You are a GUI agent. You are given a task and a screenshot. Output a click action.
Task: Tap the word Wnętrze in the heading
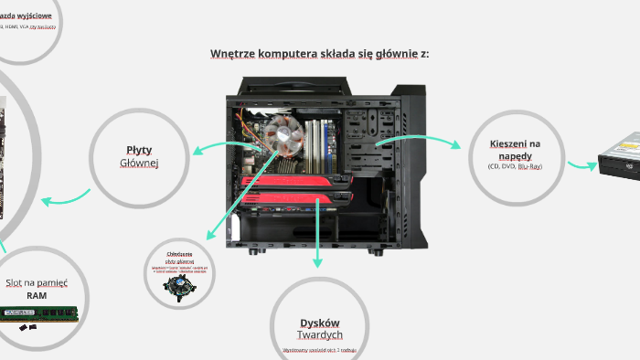pos(230,54)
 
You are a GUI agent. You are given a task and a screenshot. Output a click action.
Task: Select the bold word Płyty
pos(139,150)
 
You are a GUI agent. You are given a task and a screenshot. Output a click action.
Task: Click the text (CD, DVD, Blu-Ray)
pos(515,166)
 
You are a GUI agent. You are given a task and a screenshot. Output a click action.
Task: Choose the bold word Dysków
pos(319,323)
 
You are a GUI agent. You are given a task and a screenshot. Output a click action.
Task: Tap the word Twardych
pos(319,335)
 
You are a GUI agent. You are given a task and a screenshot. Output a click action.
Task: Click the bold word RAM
pos(36,296)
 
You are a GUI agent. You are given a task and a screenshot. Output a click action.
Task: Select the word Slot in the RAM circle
pos(14,282)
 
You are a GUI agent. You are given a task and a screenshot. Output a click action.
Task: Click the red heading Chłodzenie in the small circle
pos(179,253)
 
